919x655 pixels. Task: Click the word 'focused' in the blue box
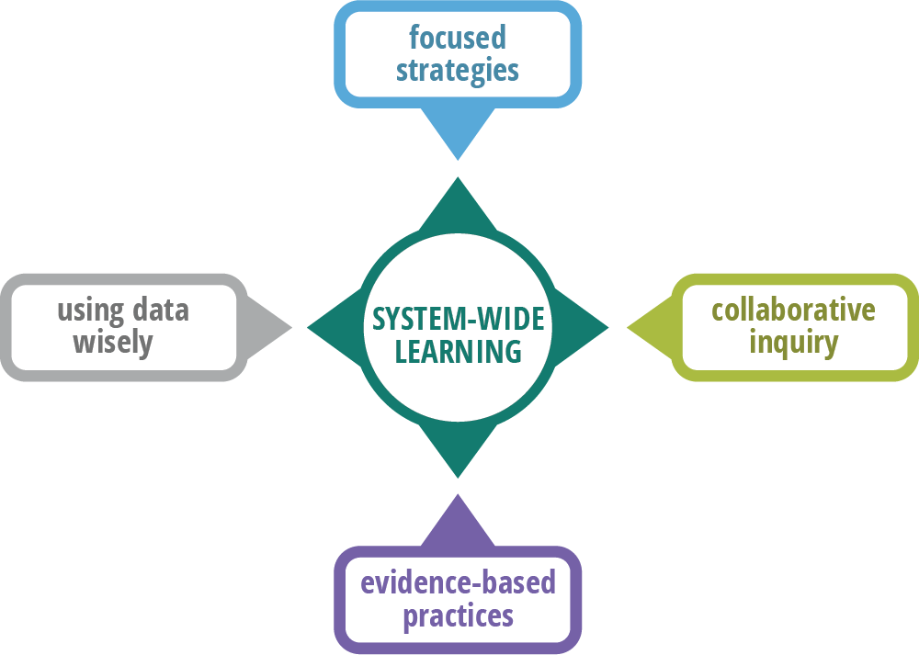pyautogui.click(x=458, y=38)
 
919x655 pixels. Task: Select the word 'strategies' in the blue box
pyautogui.click(x=458, y=71)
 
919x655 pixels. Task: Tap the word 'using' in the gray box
pyautogui.click(x=90, y=310)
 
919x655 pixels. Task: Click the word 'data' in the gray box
pyautogui.click(x=159, y=310)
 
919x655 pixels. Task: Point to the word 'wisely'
pyautogui.click(x=112, y=343)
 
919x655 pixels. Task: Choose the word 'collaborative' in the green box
pyautogui.click(x=793, y=310)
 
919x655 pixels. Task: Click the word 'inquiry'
pyautogui.click(x=793, y=343)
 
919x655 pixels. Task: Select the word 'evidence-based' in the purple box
pyautogui.click(x=458, y=582)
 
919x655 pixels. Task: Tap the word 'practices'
pyautogui.click(x=458, y=615)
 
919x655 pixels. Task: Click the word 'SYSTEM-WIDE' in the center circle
pyautogui.click(x=458, y=319)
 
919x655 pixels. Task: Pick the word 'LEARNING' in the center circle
pyautogui.click(x=458, y=351)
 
